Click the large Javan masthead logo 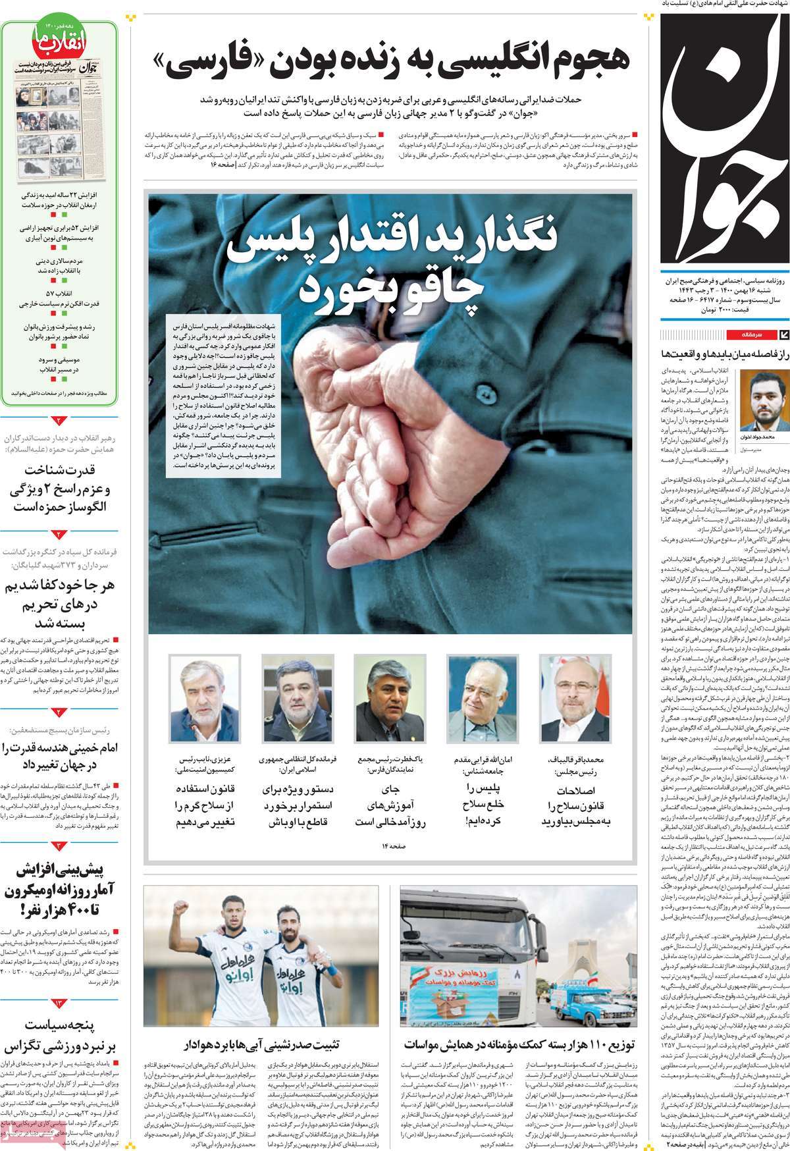724,138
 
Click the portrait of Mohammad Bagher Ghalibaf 574,699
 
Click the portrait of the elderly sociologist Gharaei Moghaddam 481,699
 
